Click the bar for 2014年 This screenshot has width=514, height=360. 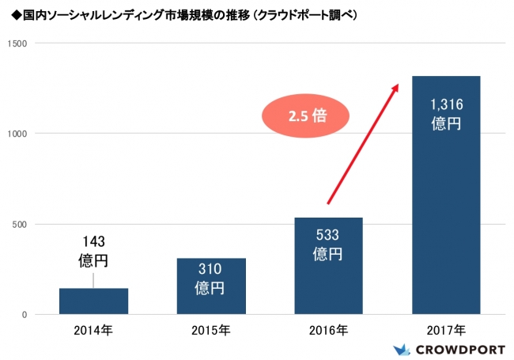pyautogui.click(x=93, y=301)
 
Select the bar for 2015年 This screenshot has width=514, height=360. pyautogui.click(x=211, y=286)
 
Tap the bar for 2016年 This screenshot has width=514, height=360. pyautogui.click(x=328, y=266)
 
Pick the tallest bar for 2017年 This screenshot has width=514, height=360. pyautogui.click(x=446, y=195)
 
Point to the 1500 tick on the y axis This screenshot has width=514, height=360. pyautogui.click(x=18, y=44)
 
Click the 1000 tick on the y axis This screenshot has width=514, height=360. pyautogui.click(x=18, y=134)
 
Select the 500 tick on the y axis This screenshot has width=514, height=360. pyautogui.click(x=21, y=224)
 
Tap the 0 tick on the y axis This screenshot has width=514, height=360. pyautogui.click(x=25, y=315)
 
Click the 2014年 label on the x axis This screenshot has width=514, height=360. pyautogui.click(x=94, y=329)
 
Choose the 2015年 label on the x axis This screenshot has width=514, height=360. pyautogui.click(x=211, y=329)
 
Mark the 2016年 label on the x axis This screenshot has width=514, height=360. pyautogui.click(x=328, y=329)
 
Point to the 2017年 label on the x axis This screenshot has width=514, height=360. pyautogui.click(x=446, y=329)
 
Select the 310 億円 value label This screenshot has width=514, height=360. pyautogui.click(x=211, y=278)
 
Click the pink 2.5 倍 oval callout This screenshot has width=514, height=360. pyautogui.click(x=305, y=116)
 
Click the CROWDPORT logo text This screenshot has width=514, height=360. pyautogui.click(x=458, y=348)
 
